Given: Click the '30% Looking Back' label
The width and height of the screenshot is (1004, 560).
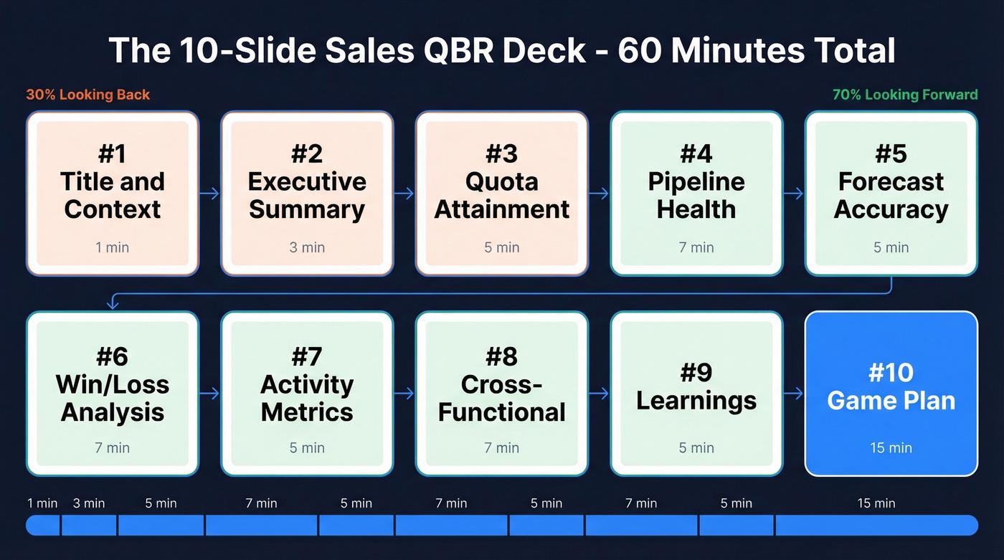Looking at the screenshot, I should point(88,95).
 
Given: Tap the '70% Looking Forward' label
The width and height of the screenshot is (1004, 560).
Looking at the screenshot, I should point(905,95).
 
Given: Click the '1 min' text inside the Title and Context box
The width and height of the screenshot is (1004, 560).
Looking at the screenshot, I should point(113,247).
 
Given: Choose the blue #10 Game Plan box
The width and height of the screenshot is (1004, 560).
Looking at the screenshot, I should point(891,394).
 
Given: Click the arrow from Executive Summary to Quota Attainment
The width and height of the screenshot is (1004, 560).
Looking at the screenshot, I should point(404,194).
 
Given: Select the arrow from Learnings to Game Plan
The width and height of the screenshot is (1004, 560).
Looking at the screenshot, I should point(794,394).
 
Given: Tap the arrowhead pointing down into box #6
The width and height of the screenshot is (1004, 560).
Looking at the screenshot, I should point(113,305).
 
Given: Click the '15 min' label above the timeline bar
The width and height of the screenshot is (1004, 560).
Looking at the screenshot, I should point(876,503).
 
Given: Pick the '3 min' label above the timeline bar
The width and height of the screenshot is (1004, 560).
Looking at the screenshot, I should point(89,503).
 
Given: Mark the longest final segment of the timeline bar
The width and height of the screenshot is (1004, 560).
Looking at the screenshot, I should point(876,526).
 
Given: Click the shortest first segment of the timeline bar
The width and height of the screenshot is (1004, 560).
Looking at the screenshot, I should point(43,526).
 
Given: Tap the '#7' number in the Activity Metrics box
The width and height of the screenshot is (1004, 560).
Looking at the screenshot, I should point(307,357).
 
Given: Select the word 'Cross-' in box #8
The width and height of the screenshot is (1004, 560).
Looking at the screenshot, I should point(501,385).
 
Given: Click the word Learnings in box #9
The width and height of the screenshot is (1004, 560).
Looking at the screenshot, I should point(696,401).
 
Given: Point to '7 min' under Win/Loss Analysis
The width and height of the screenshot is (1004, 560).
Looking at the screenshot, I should point(113,448).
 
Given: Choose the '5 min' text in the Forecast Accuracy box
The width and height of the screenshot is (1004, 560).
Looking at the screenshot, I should point(891,247).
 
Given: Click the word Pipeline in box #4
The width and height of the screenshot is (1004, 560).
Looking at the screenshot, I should point(696,182).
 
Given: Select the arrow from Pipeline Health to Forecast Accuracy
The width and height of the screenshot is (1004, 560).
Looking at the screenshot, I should point(794,194).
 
